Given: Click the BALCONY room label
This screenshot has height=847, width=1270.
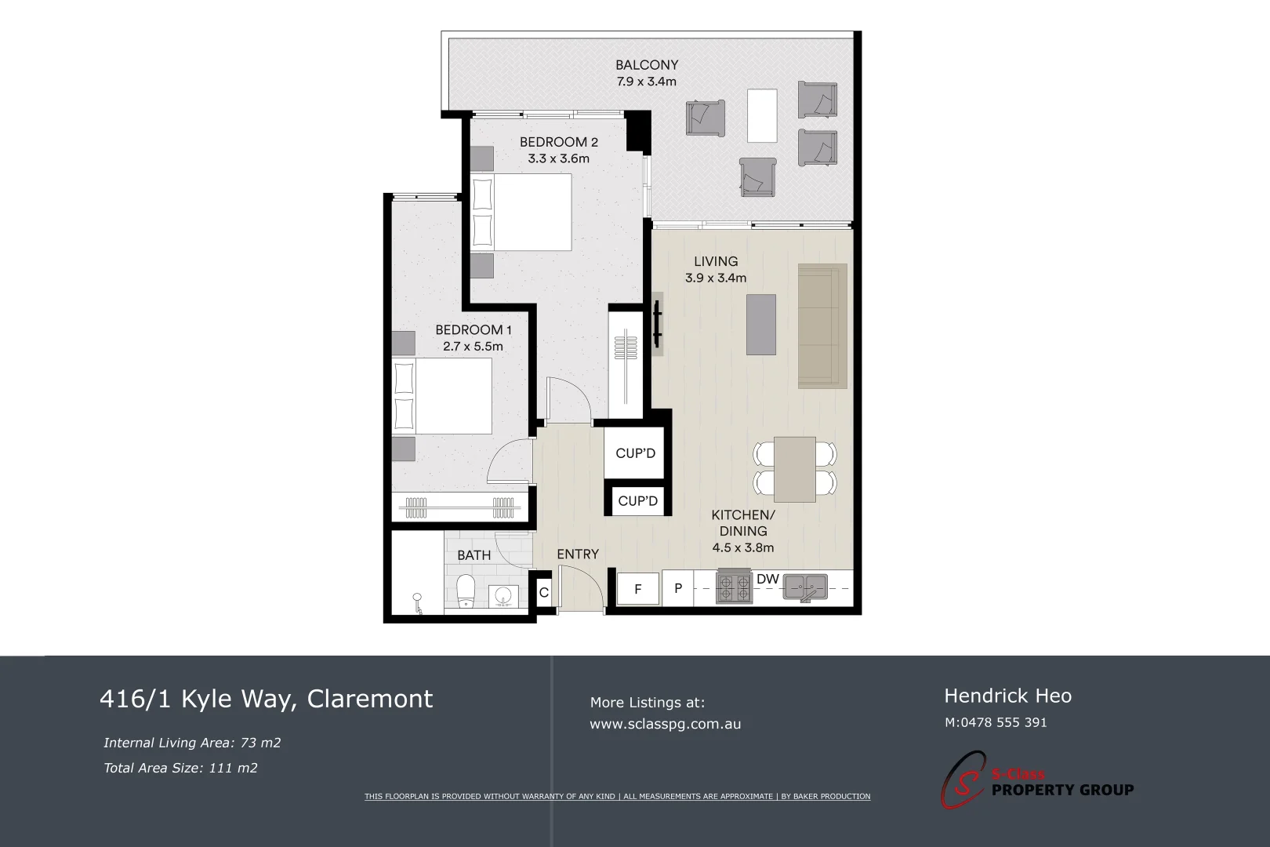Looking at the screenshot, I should (646, 65).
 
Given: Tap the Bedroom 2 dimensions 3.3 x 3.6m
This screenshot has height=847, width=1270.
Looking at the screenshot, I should (558, 158).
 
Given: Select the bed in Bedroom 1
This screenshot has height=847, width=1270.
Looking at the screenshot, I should (442, 396).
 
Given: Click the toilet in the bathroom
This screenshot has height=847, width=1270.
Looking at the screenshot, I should (466, 591).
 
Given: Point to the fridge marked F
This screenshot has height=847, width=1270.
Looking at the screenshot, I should (638, 589).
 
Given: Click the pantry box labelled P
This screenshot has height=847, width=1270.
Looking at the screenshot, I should (678, 589).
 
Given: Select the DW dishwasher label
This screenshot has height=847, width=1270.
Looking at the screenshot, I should (767, 580).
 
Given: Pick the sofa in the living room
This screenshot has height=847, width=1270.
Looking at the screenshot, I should (822, 325).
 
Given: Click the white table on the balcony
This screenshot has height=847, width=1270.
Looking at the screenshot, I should (762, 115).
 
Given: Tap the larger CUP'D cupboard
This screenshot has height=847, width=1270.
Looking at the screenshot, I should (635, 453).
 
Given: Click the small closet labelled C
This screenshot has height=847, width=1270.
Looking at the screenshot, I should (544, 593).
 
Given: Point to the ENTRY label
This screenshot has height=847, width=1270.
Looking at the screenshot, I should (578, 554).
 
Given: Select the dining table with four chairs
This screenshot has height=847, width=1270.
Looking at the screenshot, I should (795, 469).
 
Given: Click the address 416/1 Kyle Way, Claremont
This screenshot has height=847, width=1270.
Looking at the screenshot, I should (266, 698).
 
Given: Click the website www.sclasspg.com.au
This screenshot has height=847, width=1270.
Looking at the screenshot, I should (665, 724).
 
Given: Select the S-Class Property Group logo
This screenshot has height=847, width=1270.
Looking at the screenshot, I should (1036, 782).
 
